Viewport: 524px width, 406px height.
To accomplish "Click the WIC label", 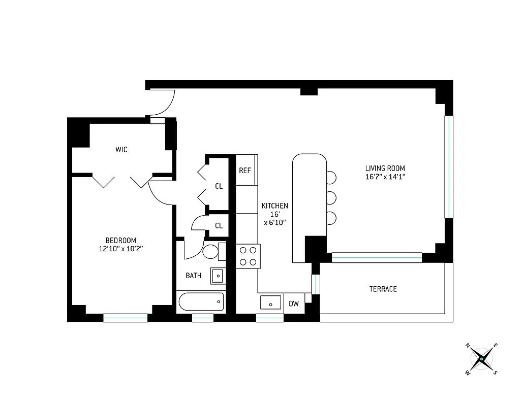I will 121,150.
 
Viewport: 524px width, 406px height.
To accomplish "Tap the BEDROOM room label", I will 121,240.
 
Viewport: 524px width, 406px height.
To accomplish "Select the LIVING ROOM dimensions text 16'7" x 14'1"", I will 385,177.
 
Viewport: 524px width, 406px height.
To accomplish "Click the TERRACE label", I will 383,289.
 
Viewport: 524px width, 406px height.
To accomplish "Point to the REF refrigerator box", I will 245,170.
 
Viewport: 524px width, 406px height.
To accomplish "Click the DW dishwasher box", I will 294,304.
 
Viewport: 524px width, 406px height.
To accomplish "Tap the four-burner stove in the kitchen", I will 248,256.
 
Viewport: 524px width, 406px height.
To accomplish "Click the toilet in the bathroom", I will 210,251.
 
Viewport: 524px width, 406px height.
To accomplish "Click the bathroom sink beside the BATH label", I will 218,276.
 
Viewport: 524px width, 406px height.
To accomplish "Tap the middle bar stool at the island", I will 331,197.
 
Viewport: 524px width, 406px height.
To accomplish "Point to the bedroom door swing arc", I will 162,193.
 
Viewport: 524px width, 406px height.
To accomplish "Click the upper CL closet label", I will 219,186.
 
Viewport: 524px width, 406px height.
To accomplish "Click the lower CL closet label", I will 219,226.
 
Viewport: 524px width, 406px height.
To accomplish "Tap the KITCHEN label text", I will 274,206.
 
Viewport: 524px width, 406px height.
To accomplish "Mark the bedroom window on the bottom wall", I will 125,318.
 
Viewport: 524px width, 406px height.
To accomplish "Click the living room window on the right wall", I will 449,167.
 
